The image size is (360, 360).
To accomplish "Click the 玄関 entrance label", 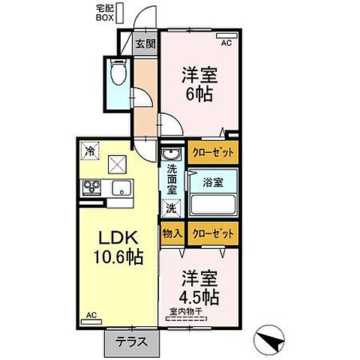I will (x=145, y=43).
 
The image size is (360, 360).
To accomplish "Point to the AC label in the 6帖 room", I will (x=226, y=43).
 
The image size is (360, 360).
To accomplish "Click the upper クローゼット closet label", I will (x=211, y=153).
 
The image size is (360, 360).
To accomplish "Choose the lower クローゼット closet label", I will (x=213, y=234).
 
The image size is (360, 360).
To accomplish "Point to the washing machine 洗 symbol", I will (x=172, y=208).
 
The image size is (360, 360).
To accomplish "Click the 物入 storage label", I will (x=172, y=234).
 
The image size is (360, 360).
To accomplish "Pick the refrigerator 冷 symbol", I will (x=90, y=149).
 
